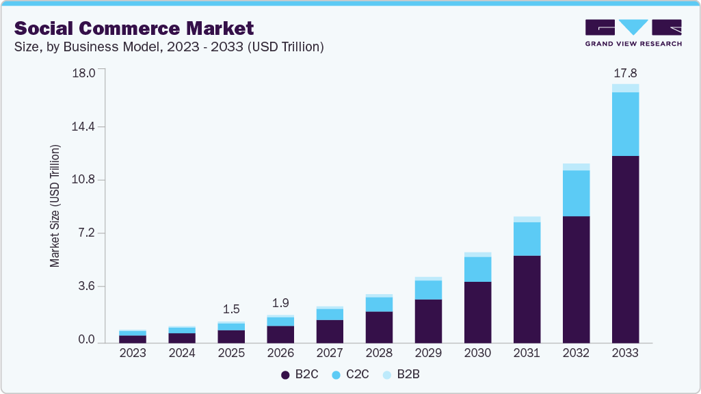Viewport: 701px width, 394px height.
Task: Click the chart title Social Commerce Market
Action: (134, 28)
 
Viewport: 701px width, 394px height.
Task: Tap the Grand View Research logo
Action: (633, 32)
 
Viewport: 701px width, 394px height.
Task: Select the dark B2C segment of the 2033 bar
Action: (625, 249)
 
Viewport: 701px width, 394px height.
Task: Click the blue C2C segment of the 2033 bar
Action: (625, 124)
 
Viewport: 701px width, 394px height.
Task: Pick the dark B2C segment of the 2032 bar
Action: (576, 279)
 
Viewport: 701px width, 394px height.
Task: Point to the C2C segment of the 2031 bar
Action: (527, 239)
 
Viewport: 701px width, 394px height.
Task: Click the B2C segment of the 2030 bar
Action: (477, 312)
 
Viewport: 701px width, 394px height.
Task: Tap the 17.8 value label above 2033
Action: (625, 73)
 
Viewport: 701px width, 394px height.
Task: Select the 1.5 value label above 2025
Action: (231, 308)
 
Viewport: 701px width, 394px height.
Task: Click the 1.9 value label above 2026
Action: (280, 302)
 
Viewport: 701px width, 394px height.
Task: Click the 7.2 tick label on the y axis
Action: (87, 233)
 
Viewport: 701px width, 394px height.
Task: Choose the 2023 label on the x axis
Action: (133, 354)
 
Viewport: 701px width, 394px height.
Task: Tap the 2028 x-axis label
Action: (379, 354)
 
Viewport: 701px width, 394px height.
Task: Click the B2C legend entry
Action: (298, 375)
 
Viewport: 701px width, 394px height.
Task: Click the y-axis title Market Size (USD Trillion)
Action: (55, 206)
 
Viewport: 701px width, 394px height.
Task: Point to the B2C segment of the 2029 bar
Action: (428, 321)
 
